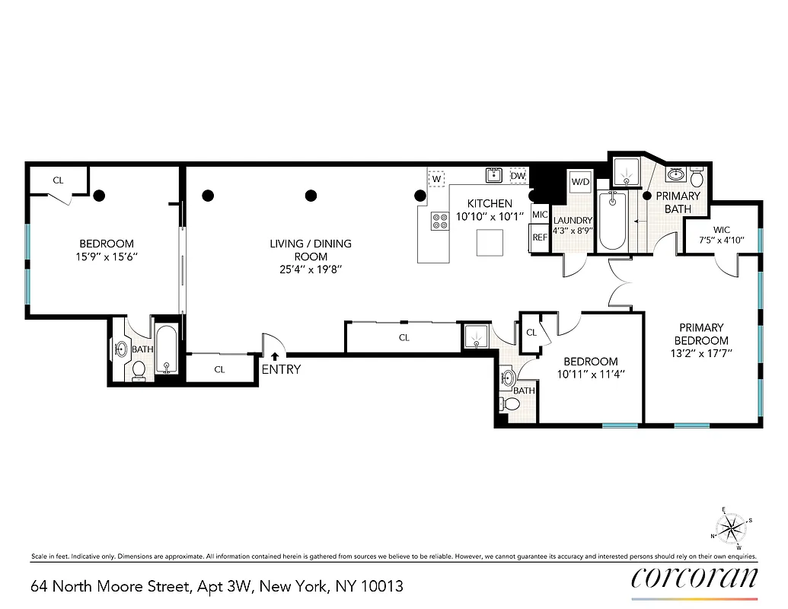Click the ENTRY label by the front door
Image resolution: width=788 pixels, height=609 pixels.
281,370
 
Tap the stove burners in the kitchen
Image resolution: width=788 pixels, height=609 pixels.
440,221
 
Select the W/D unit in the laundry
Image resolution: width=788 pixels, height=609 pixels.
580,183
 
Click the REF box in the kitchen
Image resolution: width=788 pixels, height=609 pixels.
540,238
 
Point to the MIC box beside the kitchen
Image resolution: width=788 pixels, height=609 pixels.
540,215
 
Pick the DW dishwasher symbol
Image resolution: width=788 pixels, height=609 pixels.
518,177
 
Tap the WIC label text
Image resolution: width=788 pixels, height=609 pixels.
722,229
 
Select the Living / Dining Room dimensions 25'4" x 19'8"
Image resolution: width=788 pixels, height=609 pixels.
311,269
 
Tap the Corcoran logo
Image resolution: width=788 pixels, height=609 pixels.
694,578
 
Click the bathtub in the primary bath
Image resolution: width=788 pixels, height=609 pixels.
612,221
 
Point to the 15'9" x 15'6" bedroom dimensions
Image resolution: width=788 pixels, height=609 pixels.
107,257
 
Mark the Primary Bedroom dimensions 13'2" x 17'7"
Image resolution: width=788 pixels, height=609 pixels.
701,352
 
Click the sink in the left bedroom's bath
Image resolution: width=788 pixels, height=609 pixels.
122,349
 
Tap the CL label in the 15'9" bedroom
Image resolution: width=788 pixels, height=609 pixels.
58,180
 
